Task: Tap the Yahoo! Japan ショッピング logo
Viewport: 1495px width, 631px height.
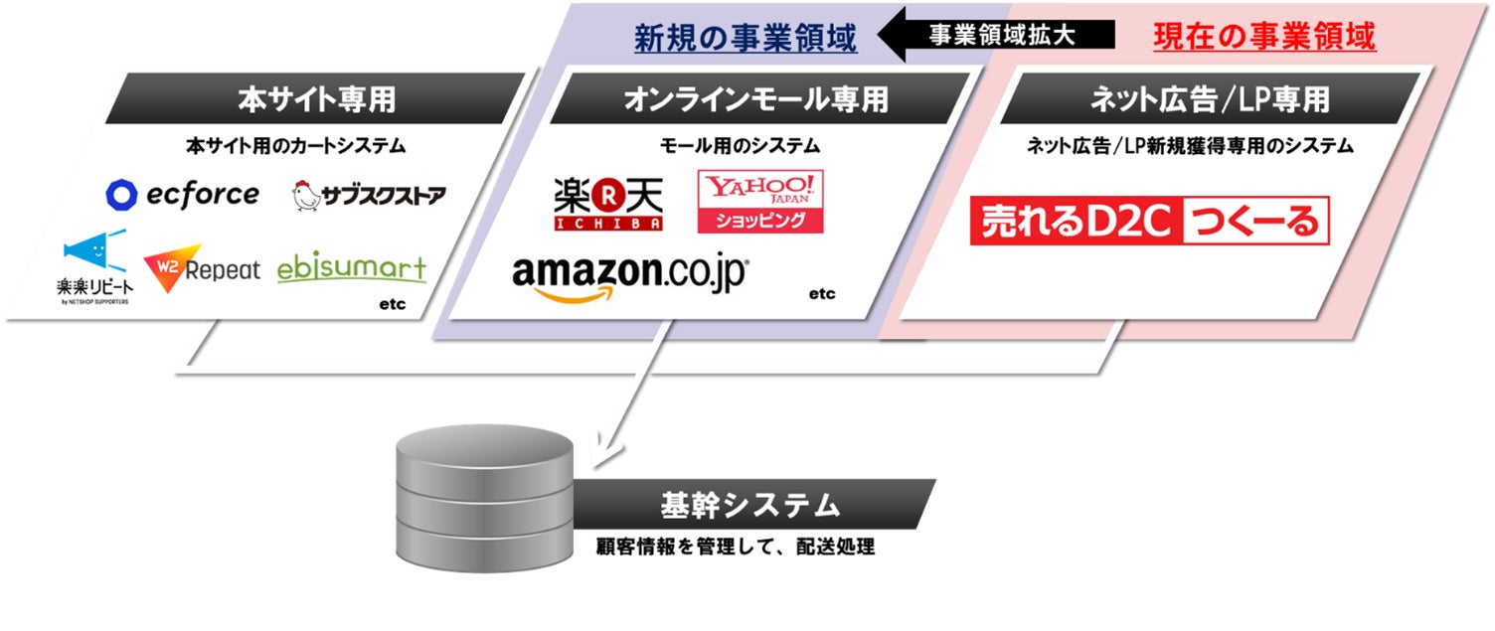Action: coord(760,202)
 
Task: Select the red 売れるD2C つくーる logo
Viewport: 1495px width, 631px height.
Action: coord(1149,222)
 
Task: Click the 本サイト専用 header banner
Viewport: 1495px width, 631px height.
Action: coord(315,98)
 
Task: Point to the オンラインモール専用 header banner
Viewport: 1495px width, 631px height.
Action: coord(755,98)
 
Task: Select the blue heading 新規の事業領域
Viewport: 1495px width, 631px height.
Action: coord(746,38)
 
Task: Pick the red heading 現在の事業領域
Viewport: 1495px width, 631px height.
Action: coord(1264,38)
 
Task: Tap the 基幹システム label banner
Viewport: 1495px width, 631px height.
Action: coord(750,505)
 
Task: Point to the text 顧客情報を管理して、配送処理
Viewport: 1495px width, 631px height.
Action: coord(736,547)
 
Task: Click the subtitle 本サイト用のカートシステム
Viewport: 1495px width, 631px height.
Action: coord(296,146)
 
